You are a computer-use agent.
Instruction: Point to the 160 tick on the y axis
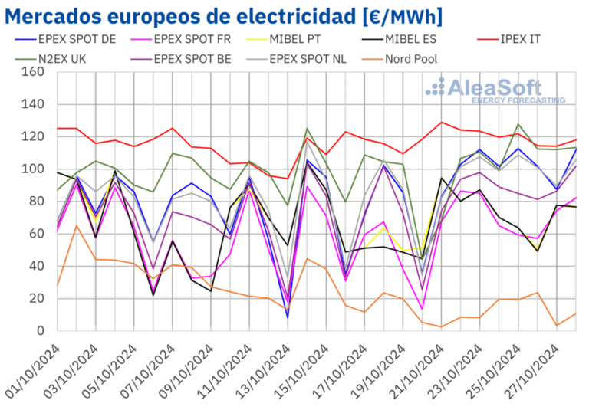(x=34, y=72)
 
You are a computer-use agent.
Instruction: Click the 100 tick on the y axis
(x=34, y=169)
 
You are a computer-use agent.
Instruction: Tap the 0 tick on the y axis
(x=41, y=331)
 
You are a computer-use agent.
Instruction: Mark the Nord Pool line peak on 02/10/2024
(x=75, y=225)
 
